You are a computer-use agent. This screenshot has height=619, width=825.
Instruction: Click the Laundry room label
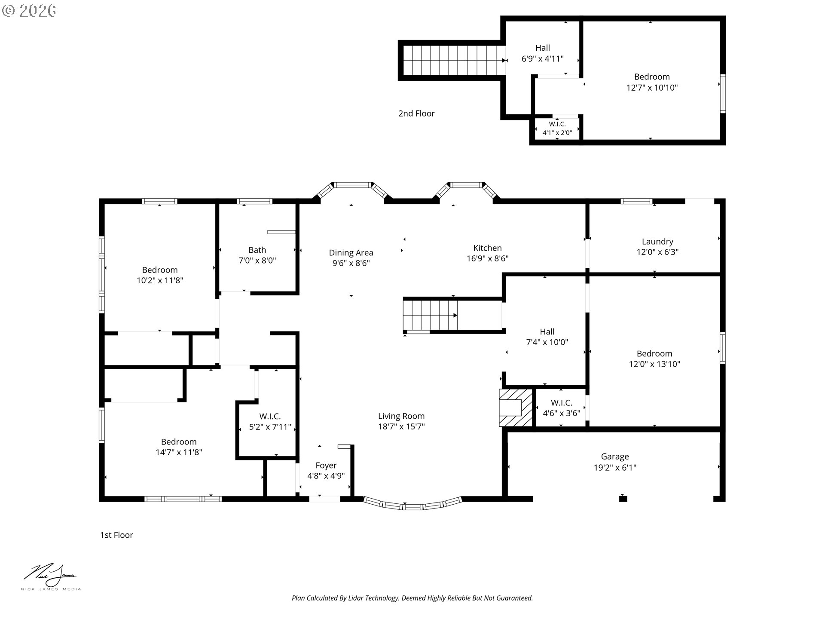tap(657, 242)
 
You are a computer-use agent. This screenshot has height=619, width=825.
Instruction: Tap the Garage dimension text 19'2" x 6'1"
tap(615, 468)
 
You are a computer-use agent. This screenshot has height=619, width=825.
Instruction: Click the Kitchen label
tap(487, 248)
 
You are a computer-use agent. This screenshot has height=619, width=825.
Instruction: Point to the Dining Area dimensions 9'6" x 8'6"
tap(351, 263)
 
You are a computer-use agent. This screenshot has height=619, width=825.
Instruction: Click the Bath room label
tap(257, 250)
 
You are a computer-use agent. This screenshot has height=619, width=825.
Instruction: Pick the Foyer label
tap(326, 466)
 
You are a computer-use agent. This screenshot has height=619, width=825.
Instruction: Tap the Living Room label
tap(401, 416)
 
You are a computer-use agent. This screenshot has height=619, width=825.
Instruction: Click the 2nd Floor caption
tap(416, 113)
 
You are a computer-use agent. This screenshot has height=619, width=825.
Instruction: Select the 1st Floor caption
tap(116, 535)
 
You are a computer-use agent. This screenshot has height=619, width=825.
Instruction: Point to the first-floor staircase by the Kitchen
tap(430, 315)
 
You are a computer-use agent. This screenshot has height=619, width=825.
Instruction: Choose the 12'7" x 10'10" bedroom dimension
tap(652, 88)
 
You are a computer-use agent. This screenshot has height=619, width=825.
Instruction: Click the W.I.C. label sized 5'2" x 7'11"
tap(270, 417)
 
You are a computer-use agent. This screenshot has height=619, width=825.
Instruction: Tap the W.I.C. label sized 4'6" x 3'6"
tap(562, 403)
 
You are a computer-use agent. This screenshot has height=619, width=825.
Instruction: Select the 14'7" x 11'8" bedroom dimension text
tap(179, 452)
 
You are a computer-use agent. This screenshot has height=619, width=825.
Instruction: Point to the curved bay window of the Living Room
tap(412, 505)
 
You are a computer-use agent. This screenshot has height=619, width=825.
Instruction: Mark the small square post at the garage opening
tap(623, 499)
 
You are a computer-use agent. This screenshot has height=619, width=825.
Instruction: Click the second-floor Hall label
tap(543, 48)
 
